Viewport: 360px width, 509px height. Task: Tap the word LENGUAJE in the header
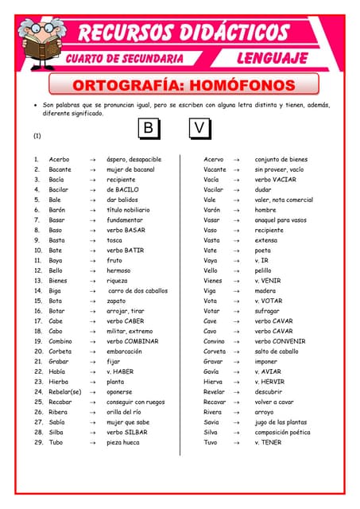(x=273, y=59)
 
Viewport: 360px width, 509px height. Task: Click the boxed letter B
(x=149, y=129)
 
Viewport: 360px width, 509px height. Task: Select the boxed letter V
(x=200, y=129)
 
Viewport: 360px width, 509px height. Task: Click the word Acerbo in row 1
(x=60, y=159)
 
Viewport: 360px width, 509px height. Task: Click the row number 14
(x=37, y=291)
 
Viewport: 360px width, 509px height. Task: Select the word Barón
(x=58, y=210)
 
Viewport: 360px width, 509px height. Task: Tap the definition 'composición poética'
(x=288, y=432)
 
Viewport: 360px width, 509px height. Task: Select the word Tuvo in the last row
(x=211, y=442)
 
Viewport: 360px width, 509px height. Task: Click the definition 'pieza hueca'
(x=126, y=442)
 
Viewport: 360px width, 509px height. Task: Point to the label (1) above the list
(x=37, y=135)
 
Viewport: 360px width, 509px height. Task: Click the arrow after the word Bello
(x=93, y=270)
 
